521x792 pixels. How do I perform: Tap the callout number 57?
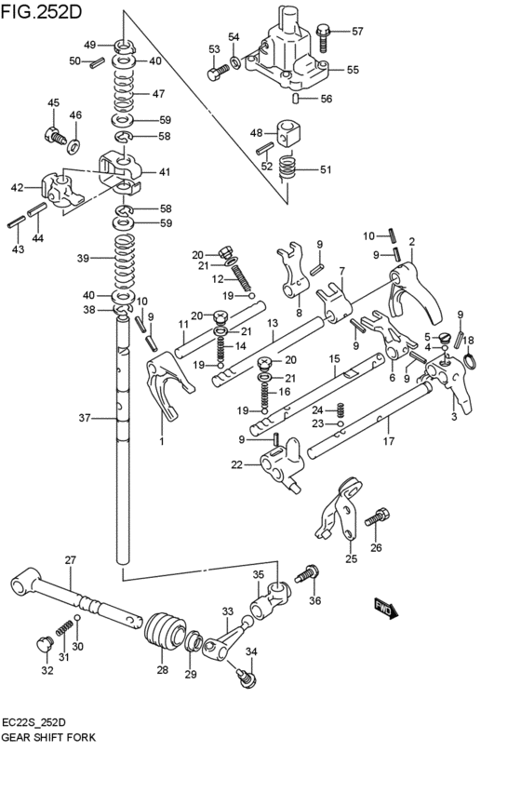(x=357, y=31)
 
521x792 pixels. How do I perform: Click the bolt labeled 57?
(x=324, y=37)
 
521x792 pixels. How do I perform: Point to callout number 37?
(x=85, y=418)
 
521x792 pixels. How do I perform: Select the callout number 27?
(x=69, y=559)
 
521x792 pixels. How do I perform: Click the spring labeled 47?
(x=125, y=93)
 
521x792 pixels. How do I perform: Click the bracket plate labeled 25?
(x=341, y=509)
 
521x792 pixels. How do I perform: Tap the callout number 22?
(x=237, y=464)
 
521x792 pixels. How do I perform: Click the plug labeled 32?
(x=41, y=644)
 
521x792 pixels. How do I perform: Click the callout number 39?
(x=83, y=258)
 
